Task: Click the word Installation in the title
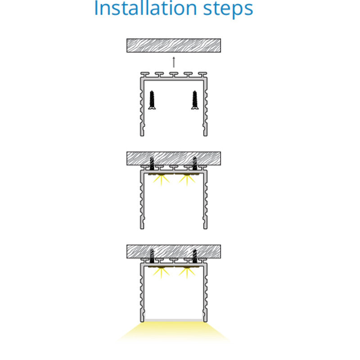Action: tap(145, 8)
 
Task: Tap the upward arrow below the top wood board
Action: tap(174, 62)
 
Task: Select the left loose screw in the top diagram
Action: tap(152, 100)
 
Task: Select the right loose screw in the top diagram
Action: tap(195, 100)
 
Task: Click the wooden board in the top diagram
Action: tap(174, 45)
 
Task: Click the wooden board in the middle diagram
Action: tap(174, 158)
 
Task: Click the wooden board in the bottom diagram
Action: tap(174, 252)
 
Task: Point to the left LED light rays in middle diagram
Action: tap(161, 180)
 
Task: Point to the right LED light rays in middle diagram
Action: tap(187, 180)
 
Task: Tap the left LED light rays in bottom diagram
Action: tap(161, 273)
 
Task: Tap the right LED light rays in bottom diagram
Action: tap(187, 273)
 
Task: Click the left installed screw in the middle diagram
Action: tap(152, 164)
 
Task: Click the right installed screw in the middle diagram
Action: tap(195, 164)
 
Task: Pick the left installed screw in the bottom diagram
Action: tap(152, 256)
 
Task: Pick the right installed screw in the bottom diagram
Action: tap(195, 256)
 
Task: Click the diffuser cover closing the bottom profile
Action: tap(174, 320)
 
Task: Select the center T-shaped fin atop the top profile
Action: tap(174, 75)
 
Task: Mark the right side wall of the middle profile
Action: tap(206, 200)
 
